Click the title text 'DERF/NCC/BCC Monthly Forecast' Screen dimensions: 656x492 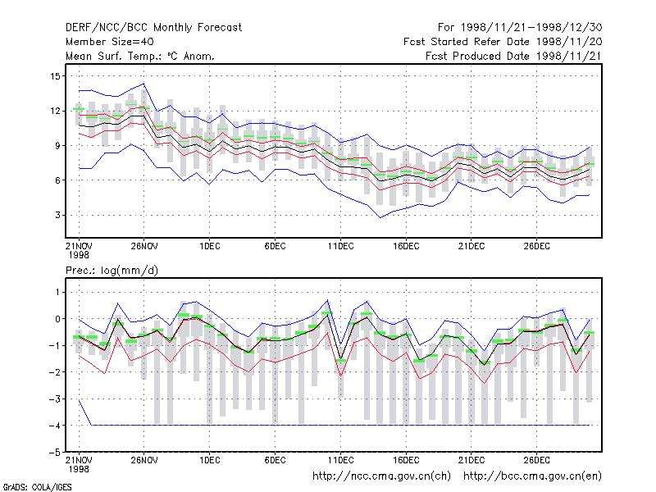(153, 28)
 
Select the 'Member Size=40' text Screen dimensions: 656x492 (110, 42)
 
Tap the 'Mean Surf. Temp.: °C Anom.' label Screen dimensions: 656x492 (140, 56)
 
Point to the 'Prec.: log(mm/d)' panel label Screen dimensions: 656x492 (112, 271)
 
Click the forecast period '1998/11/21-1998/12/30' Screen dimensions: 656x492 (531, 28)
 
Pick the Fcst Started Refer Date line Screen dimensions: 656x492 (503, 42)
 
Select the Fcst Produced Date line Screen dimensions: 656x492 (514, 56)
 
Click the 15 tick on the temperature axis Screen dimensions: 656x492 (55, 76)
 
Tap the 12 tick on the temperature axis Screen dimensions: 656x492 (55, 111)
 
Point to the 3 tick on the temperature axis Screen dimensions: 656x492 (57, 215)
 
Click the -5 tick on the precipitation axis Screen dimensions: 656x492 (54, 453)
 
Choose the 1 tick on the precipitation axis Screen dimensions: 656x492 (57, 292)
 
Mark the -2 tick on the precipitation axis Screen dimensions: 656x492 (54, 372)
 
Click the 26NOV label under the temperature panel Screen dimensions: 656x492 (144, 247)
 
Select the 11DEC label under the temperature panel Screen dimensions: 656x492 (340, 247)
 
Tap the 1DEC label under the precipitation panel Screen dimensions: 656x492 (210, 460)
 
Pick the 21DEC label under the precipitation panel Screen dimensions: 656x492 (471, 460)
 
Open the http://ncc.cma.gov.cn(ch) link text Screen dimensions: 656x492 (381, 476)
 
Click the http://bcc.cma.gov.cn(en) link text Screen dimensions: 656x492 (532, 476)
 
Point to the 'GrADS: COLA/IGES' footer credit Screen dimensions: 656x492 (37, 487)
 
